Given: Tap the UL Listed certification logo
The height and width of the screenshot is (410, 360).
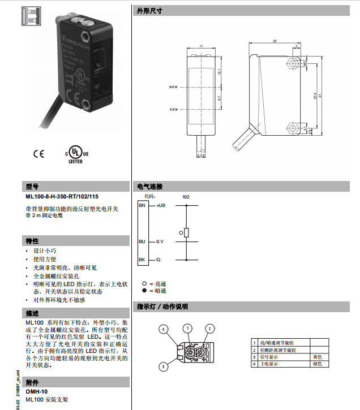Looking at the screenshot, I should pyautogui.click(x=75, y=155).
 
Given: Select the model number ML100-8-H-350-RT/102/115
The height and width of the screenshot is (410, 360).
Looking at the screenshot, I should pyautogui.click(x=62, y=196).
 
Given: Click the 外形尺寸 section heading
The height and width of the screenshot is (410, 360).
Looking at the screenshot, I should pyautogui.click(x=149, y=11).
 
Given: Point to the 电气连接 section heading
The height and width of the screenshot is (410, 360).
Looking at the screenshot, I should pyautogui.click(x=149, y=186).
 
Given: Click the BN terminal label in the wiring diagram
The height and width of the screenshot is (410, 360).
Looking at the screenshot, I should pyautogui.click(x=142, y=205).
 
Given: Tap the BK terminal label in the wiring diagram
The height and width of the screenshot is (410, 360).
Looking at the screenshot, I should pyautogui.click(x=142, y=260).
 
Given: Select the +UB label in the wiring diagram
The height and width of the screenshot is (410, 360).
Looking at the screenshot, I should pyautogui.click(x=160, y=205).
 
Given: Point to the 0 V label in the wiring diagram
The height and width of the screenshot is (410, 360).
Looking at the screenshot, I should pyautogui.click(x=159, y=241).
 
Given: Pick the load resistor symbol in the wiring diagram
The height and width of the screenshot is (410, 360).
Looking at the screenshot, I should pyautogui.click(x=186, y=232).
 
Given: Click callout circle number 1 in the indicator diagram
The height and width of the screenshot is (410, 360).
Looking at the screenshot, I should pyautogui.click(x=187, y=328).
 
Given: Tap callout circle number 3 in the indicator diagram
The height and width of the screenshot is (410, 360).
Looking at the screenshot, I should pyautogui.click(x=164, y=366).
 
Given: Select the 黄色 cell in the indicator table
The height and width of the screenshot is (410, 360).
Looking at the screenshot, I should pyautogui.click(x=317, y=357).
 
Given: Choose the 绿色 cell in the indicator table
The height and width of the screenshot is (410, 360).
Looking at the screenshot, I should pyautogui.click(x=317, y=364).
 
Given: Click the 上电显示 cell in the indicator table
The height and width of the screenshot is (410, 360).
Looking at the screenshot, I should pyautogui.click(x=269, y=364).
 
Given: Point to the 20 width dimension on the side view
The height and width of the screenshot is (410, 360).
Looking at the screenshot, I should pyautogui.click(x=275, y=41).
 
